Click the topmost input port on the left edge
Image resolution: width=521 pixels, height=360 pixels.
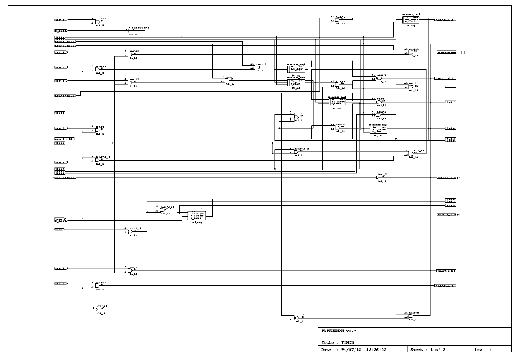pyautogui.click(x=61, y=18)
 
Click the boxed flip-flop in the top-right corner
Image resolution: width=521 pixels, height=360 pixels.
pyautogui.click(x=410, y=19)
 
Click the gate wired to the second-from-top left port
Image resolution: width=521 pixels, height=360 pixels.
pyautogui.click(x=134, y=30)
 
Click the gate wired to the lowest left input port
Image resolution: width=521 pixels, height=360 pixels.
pyautogui.click(x=101, y=284)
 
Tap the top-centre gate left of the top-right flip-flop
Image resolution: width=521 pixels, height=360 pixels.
pyautogui.click(x=338, y=19)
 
